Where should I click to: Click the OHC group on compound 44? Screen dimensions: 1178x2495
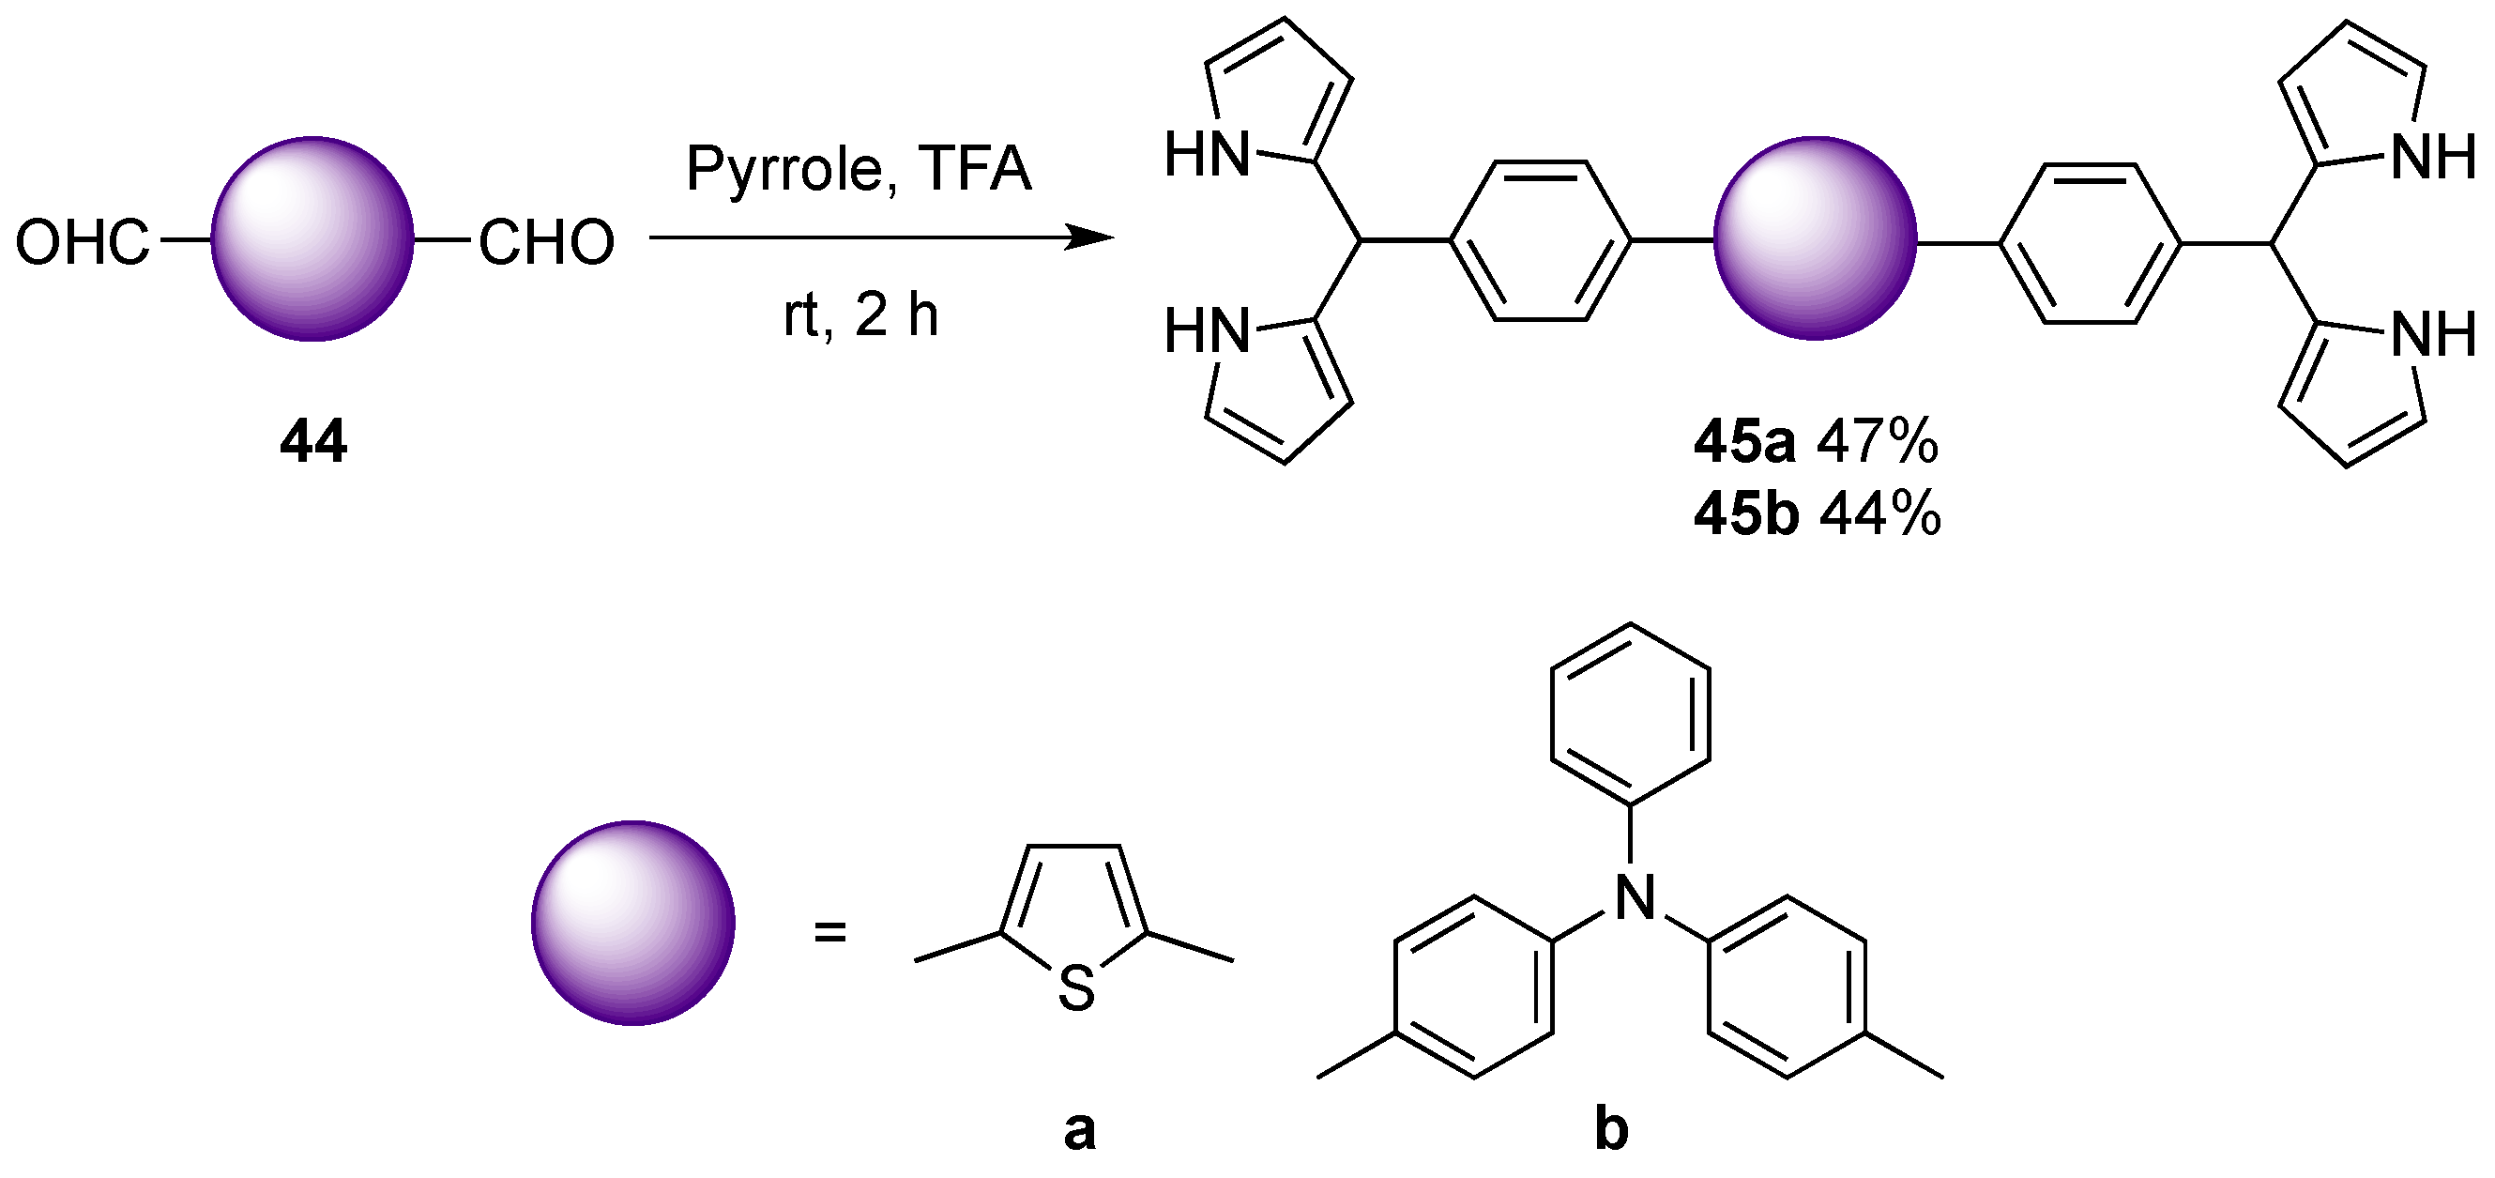click(x=84, y=242)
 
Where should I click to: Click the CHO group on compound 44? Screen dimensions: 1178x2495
click(x=546, y=242)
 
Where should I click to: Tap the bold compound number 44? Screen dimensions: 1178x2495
click(x=312, y=442)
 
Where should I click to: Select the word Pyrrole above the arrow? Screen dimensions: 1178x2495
click(x=783, y=170)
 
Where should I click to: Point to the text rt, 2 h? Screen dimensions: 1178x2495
click(x=860, y=314)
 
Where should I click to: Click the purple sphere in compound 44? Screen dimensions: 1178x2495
click(x=312, y=238)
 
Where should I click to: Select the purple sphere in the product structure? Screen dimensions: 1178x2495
click(x=1814, y=238)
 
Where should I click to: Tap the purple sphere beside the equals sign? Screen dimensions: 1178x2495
click(x=632, y=923)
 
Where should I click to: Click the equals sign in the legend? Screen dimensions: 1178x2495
click(x=830, y=933)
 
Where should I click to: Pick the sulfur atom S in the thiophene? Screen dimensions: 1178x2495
click(x=1076, y=989)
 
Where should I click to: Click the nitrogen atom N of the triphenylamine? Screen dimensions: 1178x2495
click(x=1635, y=896)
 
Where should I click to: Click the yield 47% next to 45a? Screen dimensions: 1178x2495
click(x=1877, y=442)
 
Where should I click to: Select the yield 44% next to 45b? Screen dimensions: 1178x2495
click(x=1880, y=513)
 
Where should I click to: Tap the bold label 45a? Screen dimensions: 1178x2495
click(x=1743, y=442)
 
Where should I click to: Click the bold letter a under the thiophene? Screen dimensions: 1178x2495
click(x=1079, y=1130)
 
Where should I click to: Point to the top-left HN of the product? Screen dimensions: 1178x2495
click(x=1207, y=155)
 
